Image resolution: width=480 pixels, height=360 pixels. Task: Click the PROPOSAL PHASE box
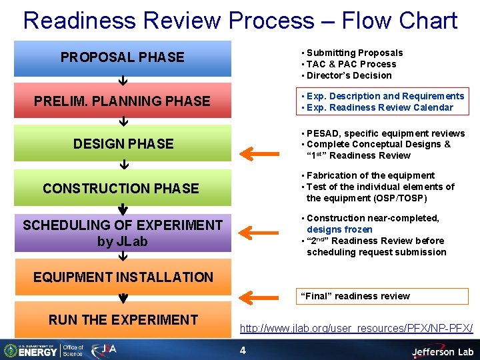pyautogui.click(x=123, y=57)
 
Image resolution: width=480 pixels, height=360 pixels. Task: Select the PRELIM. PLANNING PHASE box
pyautogui.click(x=123, y=101)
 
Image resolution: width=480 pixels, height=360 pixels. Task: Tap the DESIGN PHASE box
pyautogui.click(x=123, y=143)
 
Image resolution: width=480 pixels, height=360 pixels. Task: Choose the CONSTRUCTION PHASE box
pyautogui.click(x=123, y=188)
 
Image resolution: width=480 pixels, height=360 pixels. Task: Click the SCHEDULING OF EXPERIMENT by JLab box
pyautogui.click(x=123, y=233)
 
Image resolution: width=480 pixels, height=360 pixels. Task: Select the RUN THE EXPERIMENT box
pyautogui.click(x=123, y=320)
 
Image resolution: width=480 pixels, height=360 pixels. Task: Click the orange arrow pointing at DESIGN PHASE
pyautogui.click(x=259, y=154)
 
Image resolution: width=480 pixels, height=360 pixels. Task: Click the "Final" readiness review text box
pyautogui.click(x=383, y=296)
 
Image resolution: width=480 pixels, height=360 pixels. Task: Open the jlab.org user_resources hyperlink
pyautogui.click(x=356, y=328)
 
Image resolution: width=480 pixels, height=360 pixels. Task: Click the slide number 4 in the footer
pyautogui.click(x=243, y=350)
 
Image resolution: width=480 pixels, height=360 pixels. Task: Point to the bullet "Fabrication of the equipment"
pyautogui.click(x=370, y=175)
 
